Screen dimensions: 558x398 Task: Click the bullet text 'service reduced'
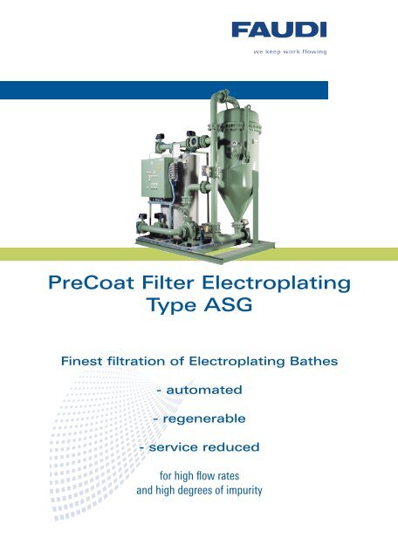(x=205, y=449)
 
